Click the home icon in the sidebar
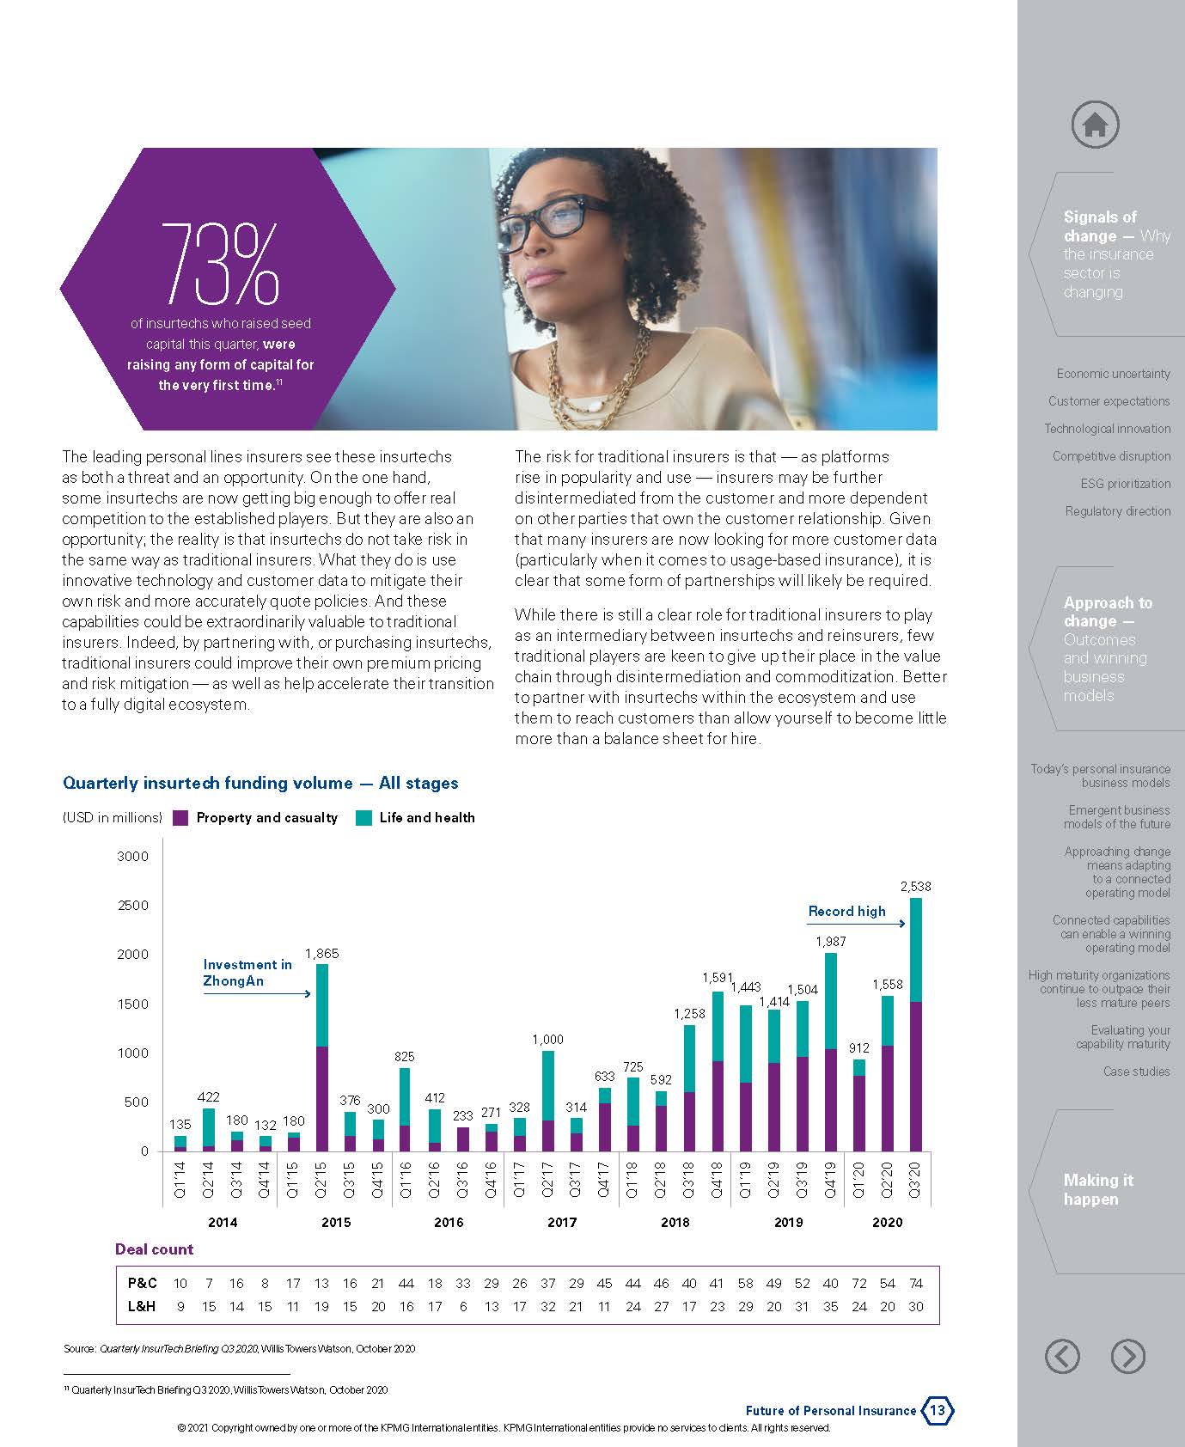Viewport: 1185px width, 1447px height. pos(1095,125)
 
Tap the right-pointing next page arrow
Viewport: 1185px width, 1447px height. pos(1127,1356)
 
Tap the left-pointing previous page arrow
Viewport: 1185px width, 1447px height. pos(1062,1356)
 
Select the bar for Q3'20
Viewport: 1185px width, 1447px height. pos(915,1024)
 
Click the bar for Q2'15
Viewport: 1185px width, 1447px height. pos(321,1057)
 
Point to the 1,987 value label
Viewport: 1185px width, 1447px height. pos(830,942)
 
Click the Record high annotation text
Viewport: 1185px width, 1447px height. pos(846,912)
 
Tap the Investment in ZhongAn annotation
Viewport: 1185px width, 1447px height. pos(247,973)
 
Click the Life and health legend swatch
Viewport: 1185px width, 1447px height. pos(363,818)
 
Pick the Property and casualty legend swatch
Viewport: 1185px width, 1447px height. pos(180,818)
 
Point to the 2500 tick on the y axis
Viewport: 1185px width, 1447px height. pos(133,905)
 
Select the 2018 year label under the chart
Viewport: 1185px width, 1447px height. pos(675,1222)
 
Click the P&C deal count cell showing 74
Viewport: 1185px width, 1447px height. pos(916,1283)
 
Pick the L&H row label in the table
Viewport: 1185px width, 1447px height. pos(143,1306)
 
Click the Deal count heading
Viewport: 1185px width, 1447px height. pos(155,1249)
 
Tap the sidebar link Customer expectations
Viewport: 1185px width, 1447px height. pos(1109,401)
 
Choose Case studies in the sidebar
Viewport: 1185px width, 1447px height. pos(1136,1072)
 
